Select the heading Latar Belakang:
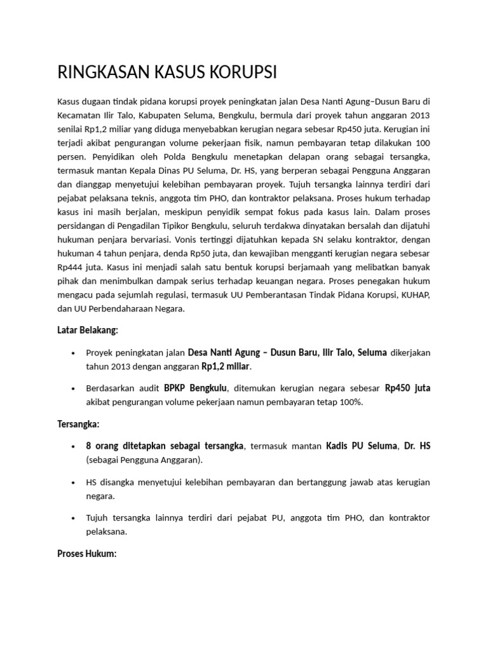coord(88,330)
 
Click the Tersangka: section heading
coord(79,423)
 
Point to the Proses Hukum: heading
coord(87,554)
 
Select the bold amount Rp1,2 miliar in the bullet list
coord(226,367)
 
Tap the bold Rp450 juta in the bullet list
coord(408,388)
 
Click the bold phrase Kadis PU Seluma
coord(361,446)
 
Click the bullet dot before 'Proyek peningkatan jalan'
coord(74,353)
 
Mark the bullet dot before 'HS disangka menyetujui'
coord(74,483)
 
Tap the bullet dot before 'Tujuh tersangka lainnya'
coord(74,518)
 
